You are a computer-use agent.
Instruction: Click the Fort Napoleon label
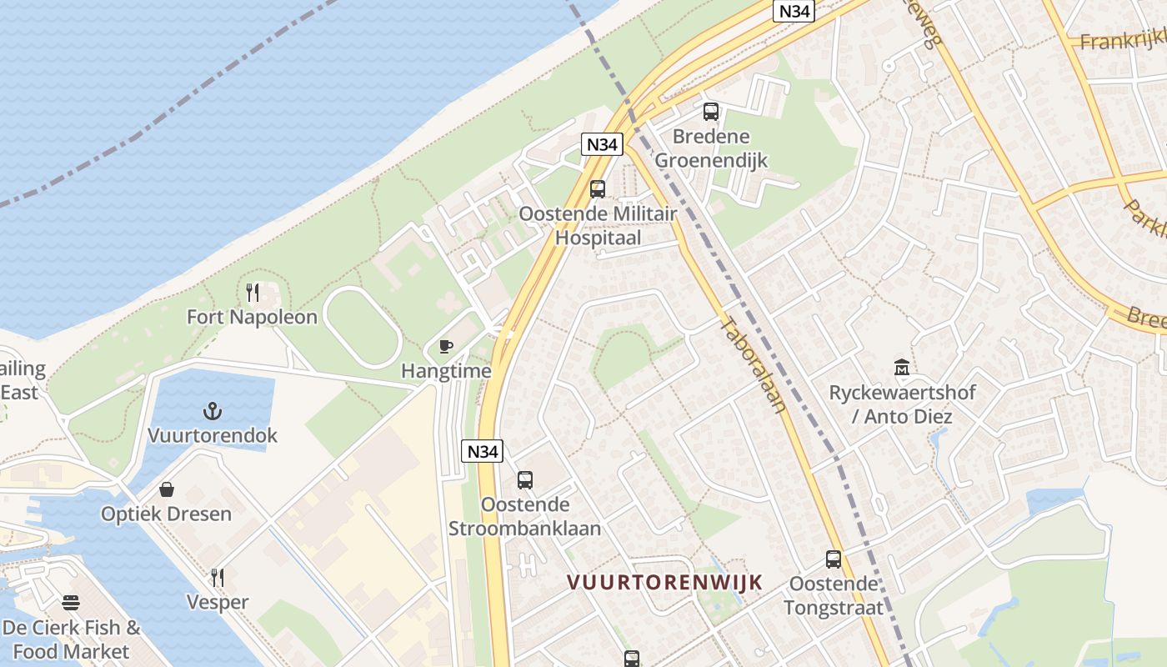(x=252, y=317)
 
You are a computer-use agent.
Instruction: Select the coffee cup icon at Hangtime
(x=446, y=346)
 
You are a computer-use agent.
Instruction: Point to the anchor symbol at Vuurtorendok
(x=213, y=410)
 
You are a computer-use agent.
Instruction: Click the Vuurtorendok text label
(x=213, y=435)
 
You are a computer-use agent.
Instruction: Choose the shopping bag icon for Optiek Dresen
(x=167, y=489)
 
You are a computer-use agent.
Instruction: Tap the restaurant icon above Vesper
(x=218, y=578)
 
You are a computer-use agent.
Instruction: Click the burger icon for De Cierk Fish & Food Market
(x=71, y=602)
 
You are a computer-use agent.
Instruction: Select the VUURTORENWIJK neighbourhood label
(x=665, y=582)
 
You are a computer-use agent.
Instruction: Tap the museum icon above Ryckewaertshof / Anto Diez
(x=902, y=367)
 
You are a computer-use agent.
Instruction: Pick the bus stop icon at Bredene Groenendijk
(x=711, y=112)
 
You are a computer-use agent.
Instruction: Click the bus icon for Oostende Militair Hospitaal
(x=598, y=188)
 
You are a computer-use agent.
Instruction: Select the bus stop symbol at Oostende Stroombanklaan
(x=524, y=479)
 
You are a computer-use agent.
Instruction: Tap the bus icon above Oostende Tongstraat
(x=834, y=559)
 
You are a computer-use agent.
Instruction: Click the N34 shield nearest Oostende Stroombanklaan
(x=483, y=452)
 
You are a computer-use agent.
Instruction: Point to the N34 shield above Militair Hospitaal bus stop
(x=602, y=144)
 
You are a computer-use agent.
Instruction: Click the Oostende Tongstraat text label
(x=834, y=595)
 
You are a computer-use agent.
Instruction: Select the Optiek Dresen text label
(x=167, y=514)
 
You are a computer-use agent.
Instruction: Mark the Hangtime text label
(x=446, y=371)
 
